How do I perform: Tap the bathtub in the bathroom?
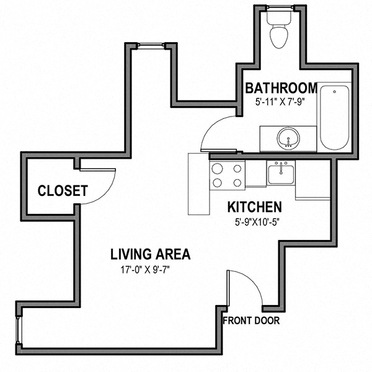click(335, 118)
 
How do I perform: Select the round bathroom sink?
click(288, 138)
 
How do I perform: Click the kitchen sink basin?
click(281, 174)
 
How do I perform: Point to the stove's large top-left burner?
click(217, 169)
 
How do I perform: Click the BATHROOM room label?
click(281, 88)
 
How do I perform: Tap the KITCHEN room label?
click(255, 207)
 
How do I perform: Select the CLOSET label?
click(63, 191)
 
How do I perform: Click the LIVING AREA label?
click(151, 254)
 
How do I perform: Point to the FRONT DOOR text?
click(251, 321)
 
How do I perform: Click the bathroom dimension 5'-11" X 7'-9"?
click(280, 102)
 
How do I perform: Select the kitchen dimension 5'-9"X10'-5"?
click(257, 223)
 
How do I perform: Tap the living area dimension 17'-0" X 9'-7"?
click(146, 270)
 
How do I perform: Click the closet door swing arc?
click(106, 195)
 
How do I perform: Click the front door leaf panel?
click(228, 288)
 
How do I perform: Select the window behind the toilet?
click(280, 8)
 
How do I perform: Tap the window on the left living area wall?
click(18, 330)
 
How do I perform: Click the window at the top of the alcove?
click(151, 46)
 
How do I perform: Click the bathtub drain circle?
click(335, 92)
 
